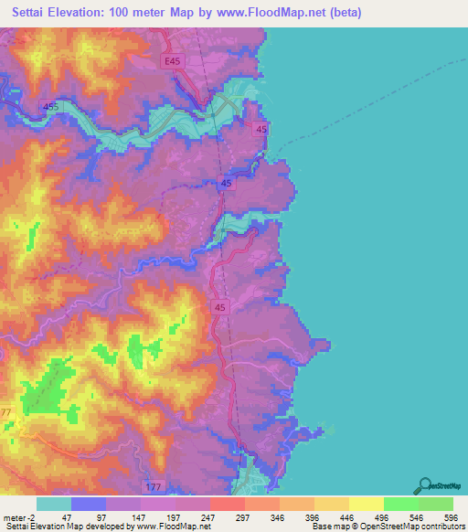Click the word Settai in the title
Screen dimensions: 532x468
pos(37,13)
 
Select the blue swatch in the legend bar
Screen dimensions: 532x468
pos(89,504)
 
